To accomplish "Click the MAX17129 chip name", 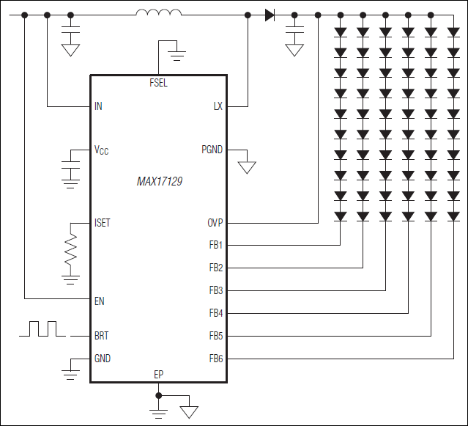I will (x=160, y=181).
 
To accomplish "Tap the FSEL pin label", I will (x=158, y=83).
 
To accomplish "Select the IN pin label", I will (x=98, y=106).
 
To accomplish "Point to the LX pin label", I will (x=218, y=106).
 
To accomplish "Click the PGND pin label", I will (x=212, y=150).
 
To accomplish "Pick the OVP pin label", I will (x=215, y=222).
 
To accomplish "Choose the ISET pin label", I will (x=103, y=222).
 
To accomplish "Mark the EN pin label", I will (x=99, y=300).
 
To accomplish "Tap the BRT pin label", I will (x=101, y=336).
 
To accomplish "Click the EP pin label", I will (x=158, y=374).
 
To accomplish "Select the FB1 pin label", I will (x=215, y=245).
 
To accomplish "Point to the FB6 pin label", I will (x=215, y=359).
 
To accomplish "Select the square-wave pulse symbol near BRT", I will (x=43, y=328).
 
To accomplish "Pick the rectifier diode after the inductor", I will (x=270, y=15).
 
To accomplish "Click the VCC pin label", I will (x=101, y=150).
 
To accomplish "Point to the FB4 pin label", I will (x=215, y=313).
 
